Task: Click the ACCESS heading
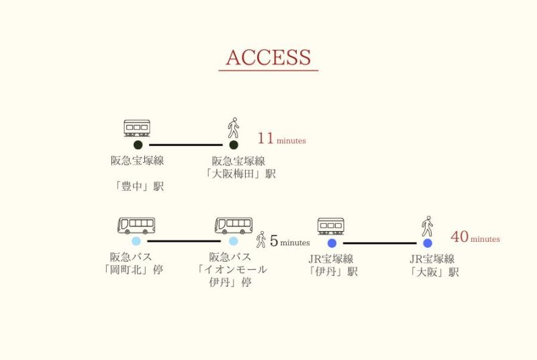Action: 268,58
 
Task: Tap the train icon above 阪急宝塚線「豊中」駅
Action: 137,128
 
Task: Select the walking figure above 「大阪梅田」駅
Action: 234,128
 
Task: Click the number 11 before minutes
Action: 266,139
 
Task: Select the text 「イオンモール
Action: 233,269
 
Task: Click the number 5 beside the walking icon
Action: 274,240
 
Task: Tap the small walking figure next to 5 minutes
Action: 261,239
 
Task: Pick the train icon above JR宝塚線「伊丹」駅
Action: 331,226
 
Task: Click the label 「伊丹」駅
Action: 332,271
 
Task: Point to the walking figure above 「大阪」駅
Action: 427,226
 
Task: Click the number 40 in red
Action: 459,237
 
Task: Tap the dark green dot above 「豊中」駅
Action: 138,144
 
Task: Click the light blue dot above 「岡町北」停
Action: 136,241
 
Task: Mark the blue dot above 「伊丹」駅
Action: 332,243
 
